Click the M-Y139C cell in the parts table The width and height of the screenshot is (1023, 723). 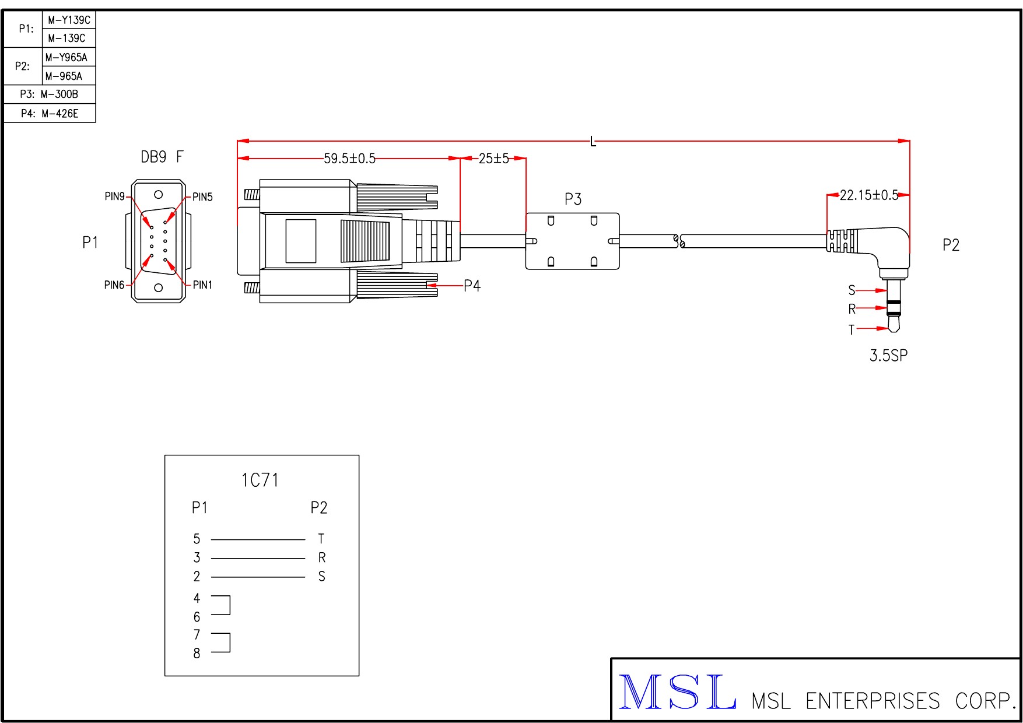point(69,20)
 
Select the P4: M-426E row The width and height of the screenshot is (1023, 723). point(50,113)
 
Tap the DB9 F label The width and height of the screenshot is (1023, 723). point(162,157)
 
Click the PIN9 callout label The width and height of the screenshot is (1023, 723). point(114,196)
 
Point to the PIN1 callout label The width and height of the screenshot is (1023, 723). point(202,285)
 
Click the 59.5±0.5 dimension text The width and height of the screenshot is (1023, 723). point(349,159)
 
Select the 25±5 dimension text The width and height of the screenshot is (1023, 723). point(493,159)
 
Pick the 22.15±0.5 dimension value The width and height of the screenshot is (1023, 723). point(868,195)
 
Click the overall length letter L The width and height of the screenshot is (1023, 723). point(593,142)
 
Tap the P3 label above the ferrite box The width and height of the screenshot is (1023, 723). point(573,199)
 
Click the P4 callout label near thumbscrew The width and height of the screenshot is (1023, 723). point(472,286)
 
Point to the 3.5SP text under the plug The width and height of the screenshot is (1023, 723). point(888,355)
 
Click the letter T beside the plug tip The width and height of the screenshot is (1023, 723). point(852,330)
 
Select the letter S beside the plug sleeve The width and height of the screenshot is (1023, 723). point(852,290)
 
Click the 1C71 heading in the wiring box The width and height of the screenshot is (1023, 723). point(260,480)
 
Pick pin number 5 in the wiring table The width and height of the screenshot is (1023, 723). point(197,539)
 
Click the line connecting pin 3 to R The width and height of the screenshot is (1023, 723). point(258,558)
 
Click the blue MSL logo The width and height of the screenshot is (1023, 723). point(677,692)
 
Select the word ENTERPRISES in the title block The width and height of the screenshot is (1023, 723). point(873,701)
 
